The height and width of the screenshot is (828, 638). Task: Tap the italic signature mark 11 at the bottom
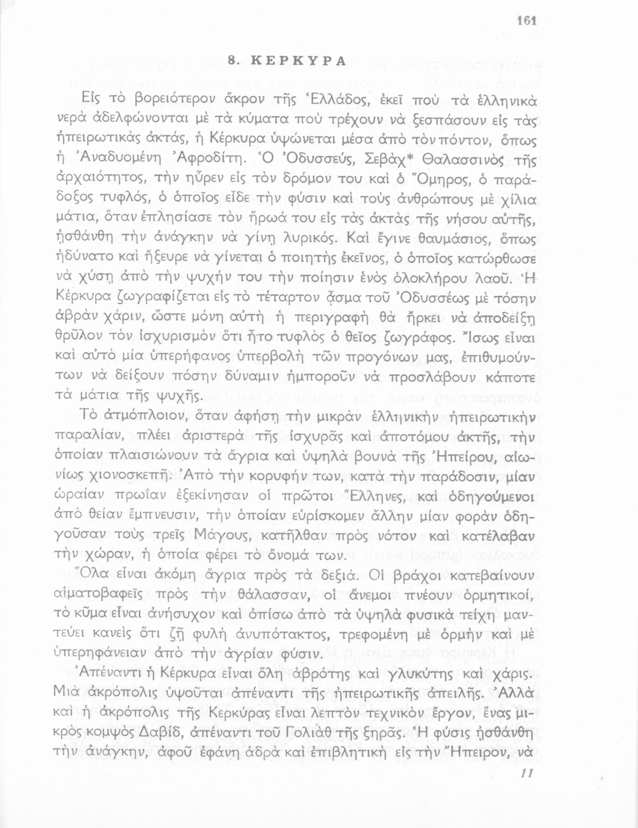point(526,774)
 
